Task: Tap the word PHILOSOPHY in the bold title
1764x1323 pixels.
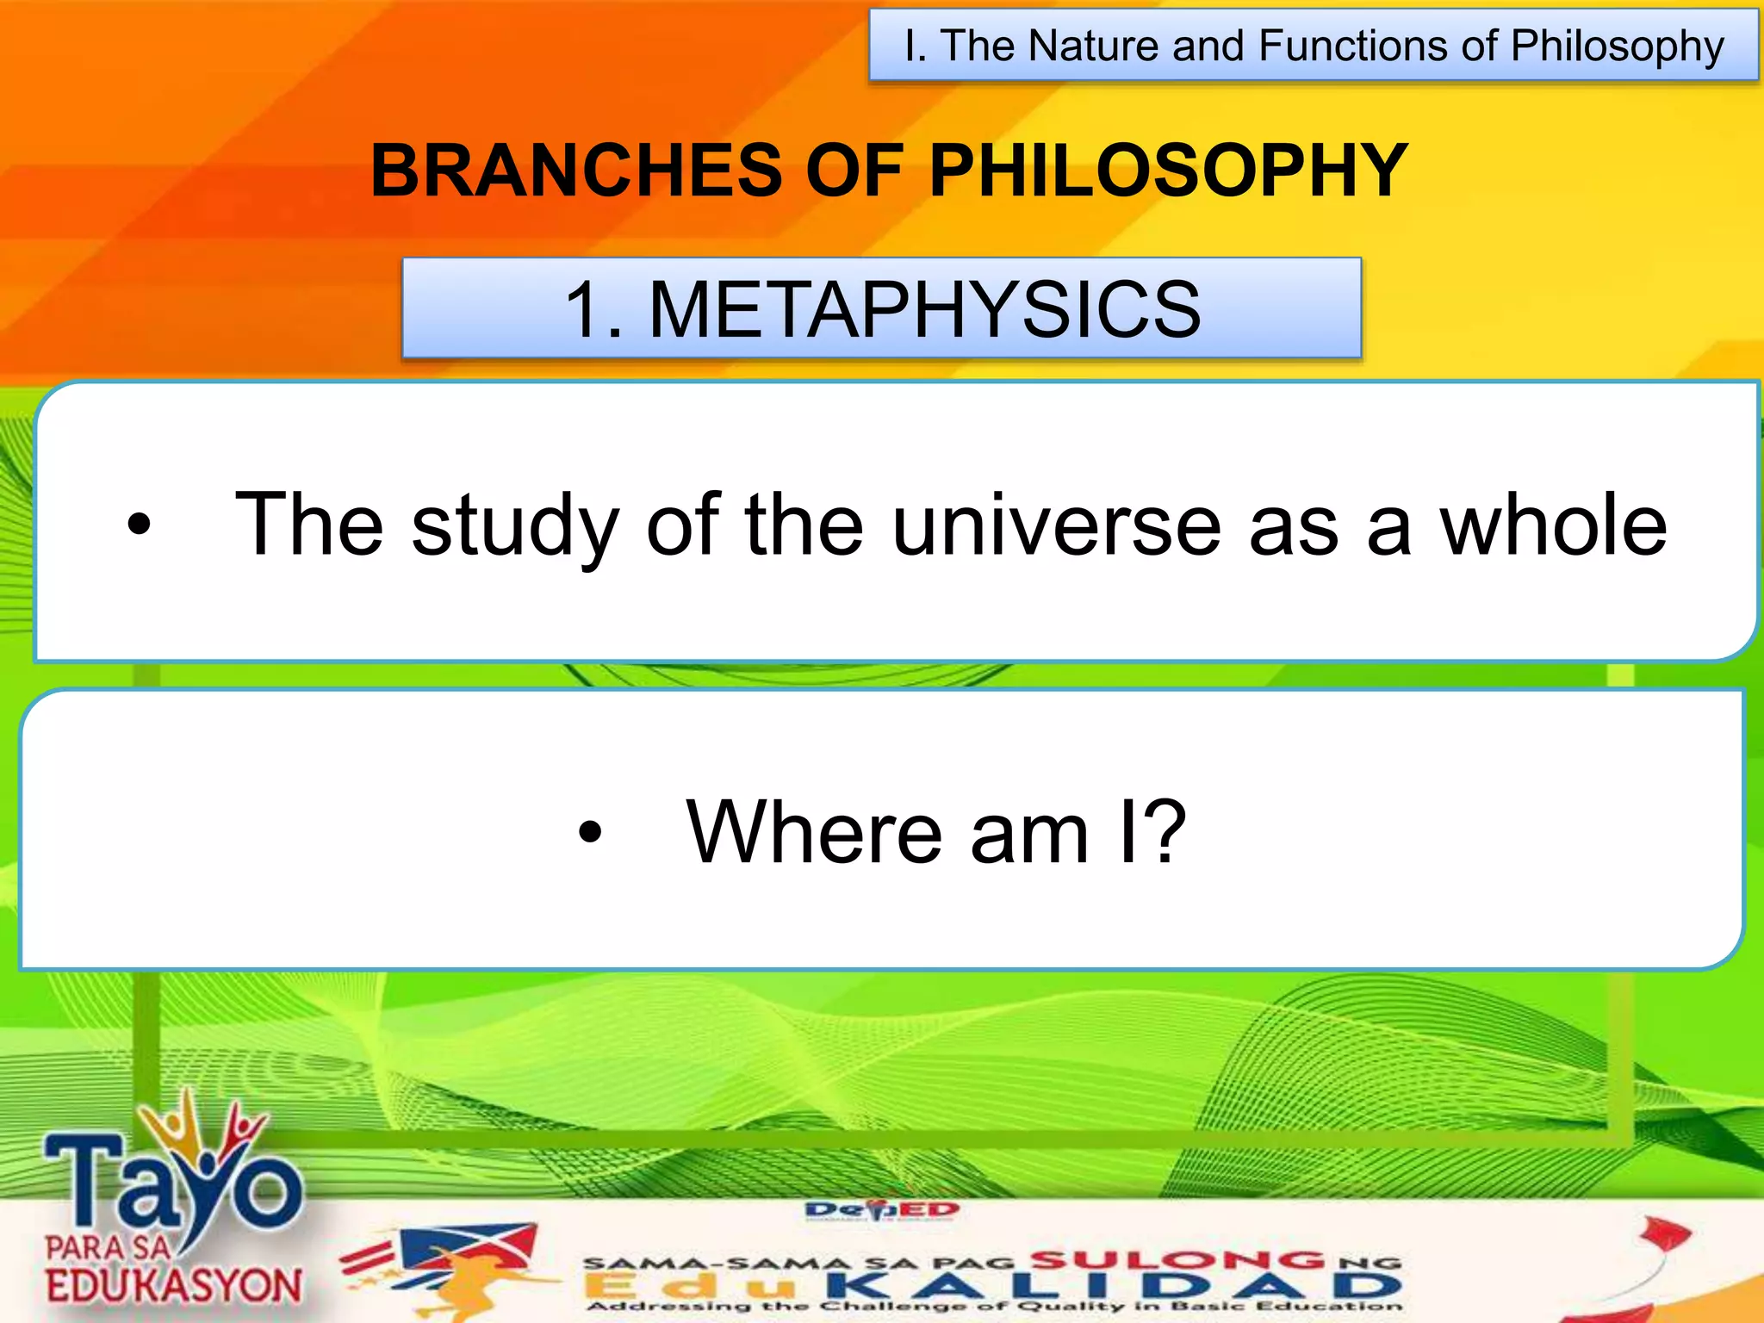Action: (x=1168, y=171)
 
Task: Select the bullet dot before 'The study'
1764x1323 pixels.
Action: (x=139, y=524)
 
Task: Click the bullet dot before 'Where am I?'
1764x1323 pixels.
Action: (x=590, y=832)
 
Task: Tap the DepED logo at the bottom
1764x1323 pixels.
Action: (x=881, y=1210)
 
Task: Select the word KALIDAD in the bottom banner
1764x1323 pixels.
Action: (x=1111, y=1287)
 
